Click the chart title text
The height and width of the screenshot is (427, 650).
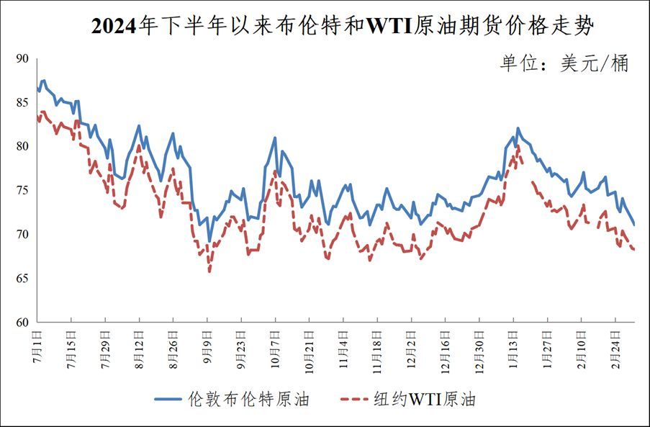tap(343, 27)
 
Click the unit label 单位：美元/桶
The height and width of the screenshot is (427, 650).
tap(564, 63)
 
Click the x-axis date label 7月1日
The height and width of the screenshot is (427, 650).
tap(37, 346)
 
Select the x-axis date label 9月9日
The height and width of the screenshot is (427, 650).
tap(207, 346)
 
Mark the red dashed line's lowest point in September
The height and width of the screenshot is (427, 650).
tap(209, 271)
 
